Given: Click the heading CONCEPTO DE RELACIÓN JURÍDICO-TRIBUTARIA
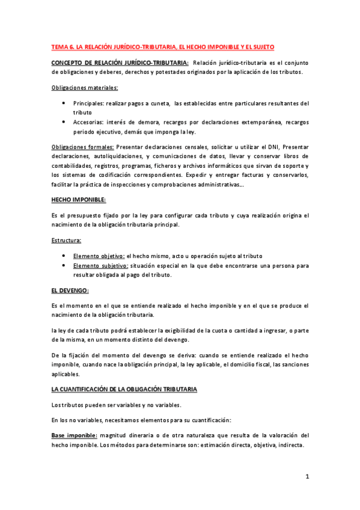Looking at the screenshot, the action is click(x=120, y=63).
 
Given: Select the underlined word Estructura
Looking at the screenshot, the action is click(x=67, y=241).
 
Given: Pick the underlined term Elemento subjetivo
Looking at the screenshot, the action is click(x=100, y=265).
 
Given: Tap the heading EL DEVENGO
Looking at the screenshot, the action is click(x=70, y=290).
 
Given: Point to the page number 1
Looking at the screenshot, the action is click(x=307, y=477).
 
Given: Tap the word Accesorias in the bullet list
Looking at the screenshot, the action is click(x=90, y=122).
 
